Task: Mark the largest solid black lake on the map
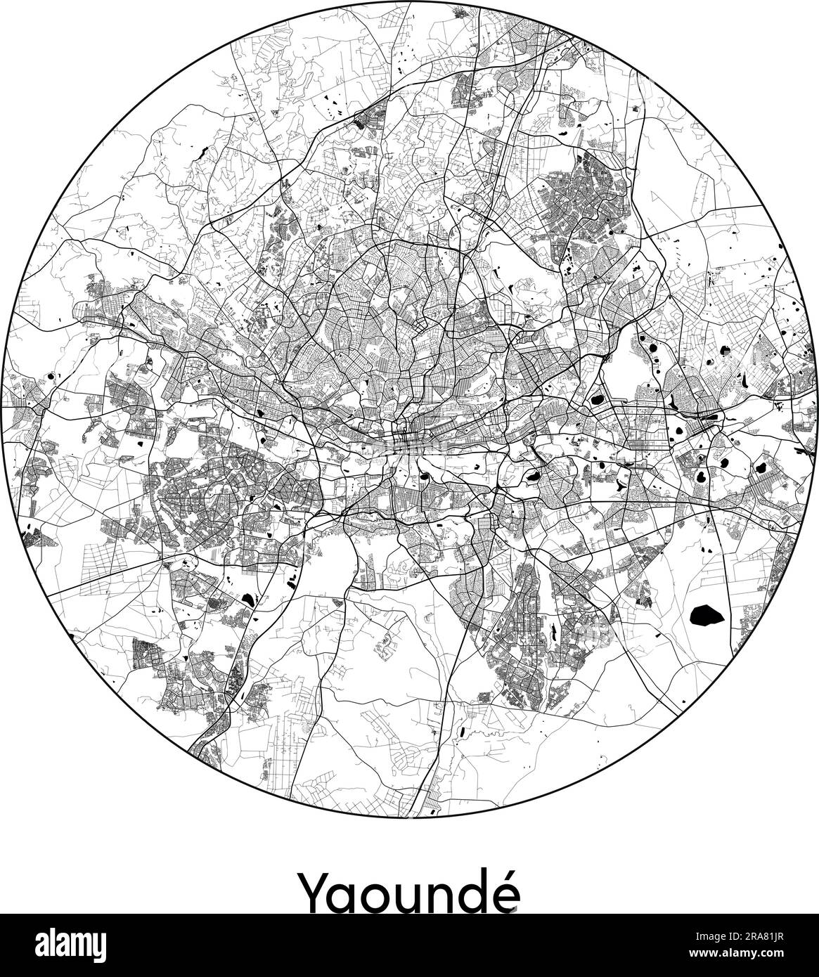pyautogui.click(x=707, y=616)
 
